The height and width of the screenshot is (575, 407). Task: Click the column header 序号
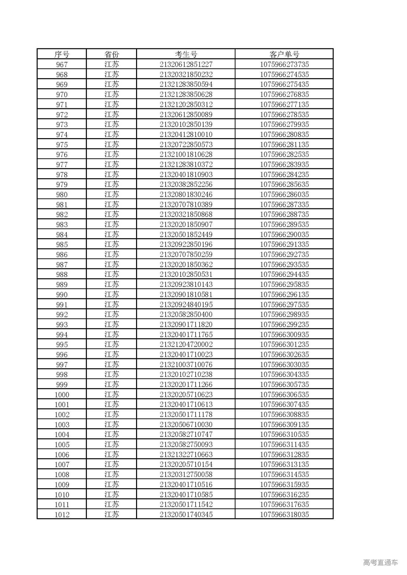pyautogui.click(x=62, y=54)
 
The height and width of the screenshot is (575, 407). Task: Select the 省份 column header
pyautogui.click(x=112, y=54)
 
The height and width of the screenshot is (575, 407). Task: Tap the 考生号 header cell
pyautogui.click(x=186, y=54)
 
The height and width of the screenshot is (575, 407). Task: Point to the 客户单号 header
pyautogui.click(x=284, y=54)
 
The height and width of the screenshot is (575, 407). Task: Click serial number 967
pyautogui.click(x=62, y=64)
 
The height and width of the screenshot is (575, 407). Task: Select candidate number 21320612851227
pyautogui.click(x=186, y=64)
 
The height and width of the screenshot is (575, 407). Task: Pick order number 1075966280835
pyautogui.click(x=284, y=134)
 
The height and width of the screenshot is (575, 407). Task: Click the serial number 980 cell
pyautogui.click(x=62, y=194)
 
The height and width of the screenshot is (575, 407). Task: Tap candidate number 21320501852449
pyautogui.click(x=186, y=234)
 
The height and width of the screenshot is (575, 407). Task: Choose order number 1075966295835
pyautogui.click(x=284, y=284)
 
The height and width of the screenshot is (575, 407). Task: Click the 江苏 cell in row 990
pyautogui.click(x=112, y=294)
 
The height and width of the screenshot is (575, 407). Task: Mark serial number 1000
pyautogui.click(x=62, y=395)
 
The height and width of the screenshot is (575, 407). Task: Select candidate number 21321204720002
pyautogui.click(x=186, y=344)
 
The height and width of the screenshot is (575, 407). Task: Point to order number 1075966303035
pyautogui.click(x=284, y=364)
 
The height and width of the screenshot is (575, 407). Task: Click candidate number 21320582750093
pyautogui.click(x=186, y=444)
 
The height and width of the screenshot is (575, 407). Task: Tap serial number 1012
pyautogui.click(x=62, y=515)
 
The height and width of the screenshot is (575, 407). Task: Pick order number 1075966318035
pyautogui.click(x=284, y=515)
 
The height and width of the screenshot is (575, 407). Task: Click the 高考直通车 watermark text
pyautogui.click(x=380, y=562)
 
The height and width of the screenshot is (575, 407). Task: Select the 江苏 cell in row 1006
pyautogui.click(x=112, y=455)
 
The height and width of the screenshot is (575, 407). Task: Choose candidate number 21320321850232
pyautogui.click(x=186, y=74)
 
